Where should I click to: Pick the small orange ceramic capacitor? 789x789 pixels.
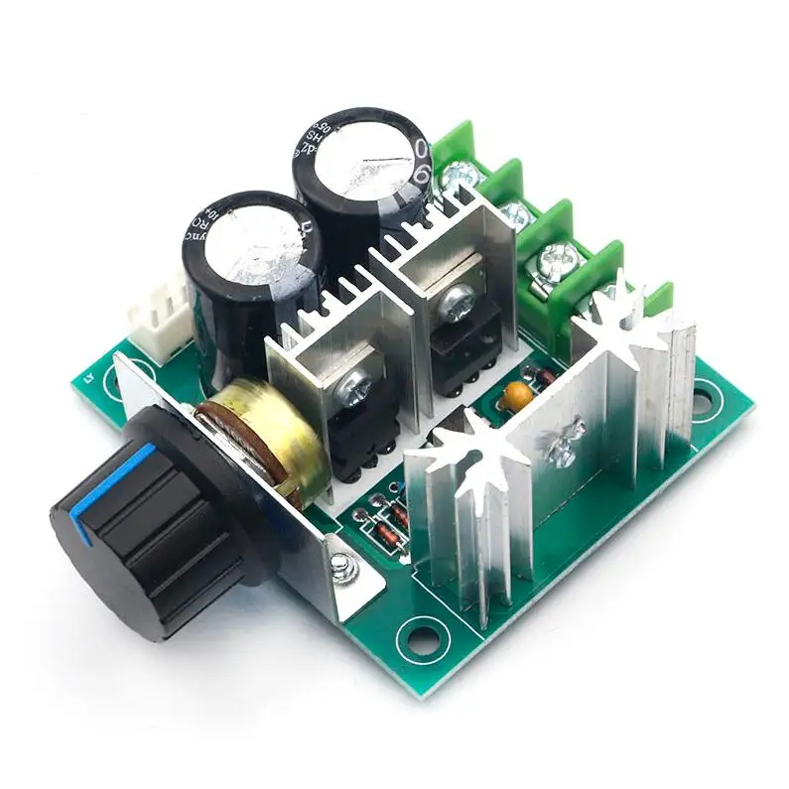(x=514, y=395)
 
